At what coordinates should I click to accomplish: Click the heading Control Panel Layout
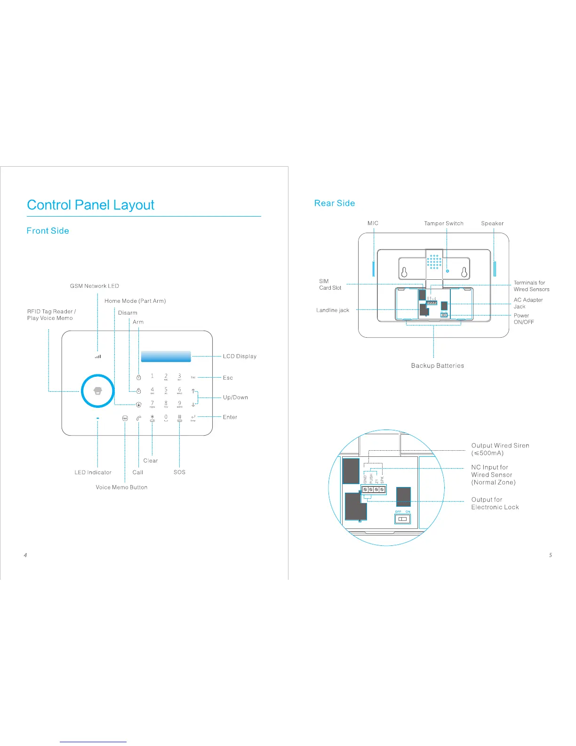(90, 205)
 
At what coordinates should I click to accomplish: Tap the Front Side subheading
(48, 231)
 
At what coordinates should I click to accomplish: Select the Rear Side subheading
(335, 203)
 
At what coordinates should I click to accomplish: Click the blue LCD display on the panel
(166, 357)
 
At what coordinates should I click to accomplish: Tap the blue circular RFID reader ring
(97, 391)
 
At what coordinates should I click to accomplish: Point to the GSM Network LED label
(94, 286)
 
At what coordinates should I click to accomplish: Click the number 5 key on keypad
(166, 390)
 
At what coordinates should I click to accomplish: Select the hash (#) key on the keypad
(179, 417)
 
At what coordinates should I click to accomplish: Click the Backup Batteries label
(437, 365)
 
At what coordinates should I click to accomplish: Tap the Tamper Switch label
(443, 223)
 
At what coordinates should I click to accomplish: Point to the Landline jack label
(332, 310)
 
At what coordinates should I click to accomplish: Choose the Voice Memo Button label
(121, 487)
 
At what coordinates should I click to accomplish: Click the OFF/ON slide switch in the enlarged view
(402, 519)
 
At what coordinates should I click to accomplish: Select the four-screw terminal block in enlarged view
(374, 490)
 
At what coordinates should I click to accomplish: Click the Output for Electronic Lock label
(495, 503)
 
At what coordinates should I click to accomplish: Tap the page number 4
(25, 555)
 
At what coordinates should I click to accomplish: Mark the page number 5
(550, 555)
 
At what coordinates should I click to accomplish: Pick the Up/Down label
(235, 397)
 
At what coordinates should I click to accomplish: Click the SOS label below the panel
(179, 472)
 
